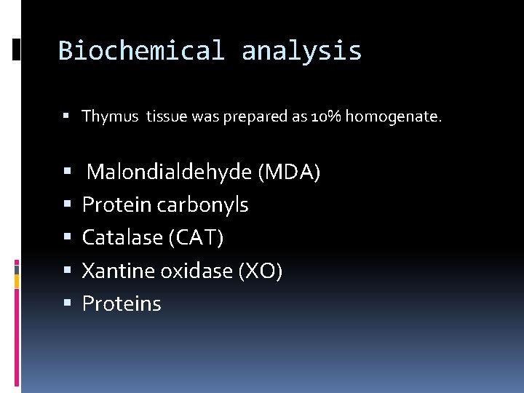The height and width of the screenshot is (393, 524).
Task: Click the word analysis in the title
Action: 301,51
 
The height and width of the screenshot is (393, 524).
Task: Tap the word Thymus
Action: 111,116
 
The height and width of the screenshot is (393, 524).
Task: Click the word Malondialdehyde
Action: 170,172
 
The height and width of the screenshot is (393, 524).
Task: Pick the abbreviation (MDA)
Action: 289,172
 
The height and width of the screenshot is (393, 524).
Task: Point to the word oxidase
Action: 196,271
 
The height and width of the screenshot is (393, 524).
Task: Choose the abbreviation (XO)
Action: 261,271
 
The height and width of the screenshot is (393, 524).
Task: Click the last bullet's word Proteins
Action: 122,304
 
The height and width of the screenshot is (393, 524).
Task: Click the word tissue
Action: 167,116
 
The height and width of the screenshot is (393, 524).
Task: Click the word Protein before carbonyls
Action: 117,205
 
